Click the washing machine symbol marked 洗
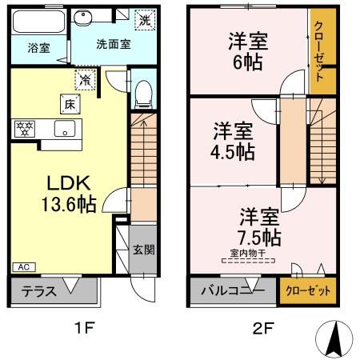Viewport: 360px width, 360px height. pyautogui.click(x=145, y=18)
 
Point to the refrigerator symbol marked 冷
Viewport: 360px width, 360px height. pyautogui.click(x=85, y=78)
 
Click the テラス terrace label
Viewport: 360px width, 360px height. pyautogui.click(x=38, y=291)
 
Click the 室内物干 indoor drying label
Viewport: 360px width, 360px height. pyautogui.click(x=247, y=254)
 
